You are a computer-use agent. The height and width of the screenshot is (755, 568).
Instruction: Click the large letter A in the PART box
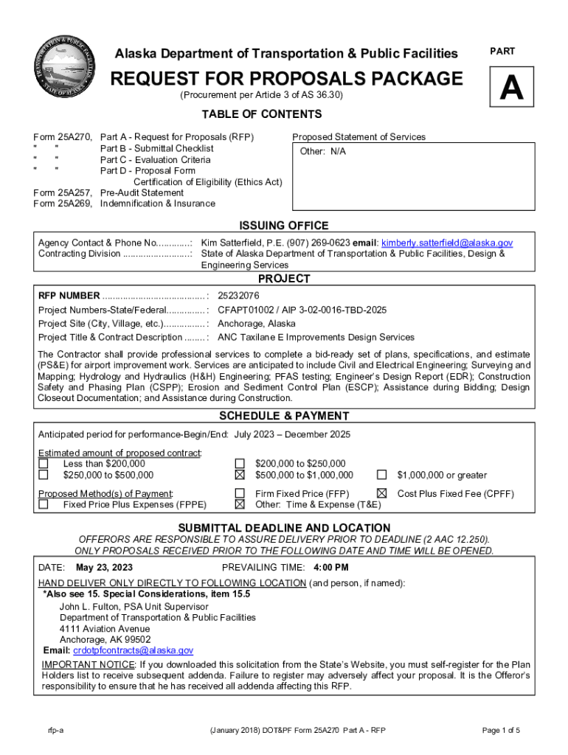click(x=511, y=90)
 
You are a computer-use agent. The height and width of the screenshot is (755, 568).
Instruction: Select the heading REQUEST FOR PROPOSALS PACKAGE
click(x=286, y=79)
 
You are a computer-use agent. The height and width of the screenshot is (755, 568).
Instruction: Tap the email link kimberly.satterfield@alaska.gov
click(x=446, y=243)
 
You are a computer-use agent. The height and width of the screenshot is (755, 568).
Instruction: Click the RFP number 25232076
click(x=238, y=296)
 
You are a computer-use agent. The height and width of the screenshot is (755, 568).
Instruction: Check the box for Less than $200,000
click(x=44, y=464)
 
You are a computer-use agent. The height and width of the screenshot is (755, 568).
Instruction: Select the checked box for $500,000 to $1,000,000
click(x=240, y=476)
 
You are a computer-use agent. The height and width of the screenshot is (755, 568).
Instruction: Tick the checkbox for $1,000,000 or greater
click(x=382, y=476)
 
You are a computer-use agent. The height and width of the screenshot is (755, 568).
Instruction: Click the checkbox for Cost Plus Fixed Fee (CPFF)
click(x=382, y=493)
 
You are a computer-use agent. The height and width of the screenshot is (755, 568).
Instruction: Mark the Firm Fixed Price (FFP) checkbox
click(x=240, y=493)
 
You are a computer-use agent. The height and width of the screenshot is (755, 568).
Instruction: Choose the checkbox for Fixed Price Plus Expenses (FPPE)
click(x=44, y=505)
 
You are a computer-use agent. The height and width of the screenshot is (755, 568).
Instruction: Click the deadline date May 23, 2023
click(x=104, y=568)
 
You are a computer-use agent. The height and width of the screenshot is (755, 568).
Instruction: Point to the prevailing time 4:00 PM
click(x=330, y=568)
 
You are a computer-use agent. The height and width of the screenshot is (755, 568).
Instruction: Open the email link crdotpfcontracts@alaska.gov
click(x=133, y=650)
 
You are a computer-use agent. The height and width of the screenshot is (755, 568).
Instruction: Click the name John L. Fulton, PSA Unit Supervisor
click(x=134, y=607)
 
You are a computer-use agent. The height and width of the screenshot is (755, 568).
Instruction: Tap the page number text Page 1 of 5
click(x=501, y=731)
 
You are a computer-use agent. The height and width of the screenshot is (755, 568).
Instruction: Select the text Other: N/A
click(x=322, y=152)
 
